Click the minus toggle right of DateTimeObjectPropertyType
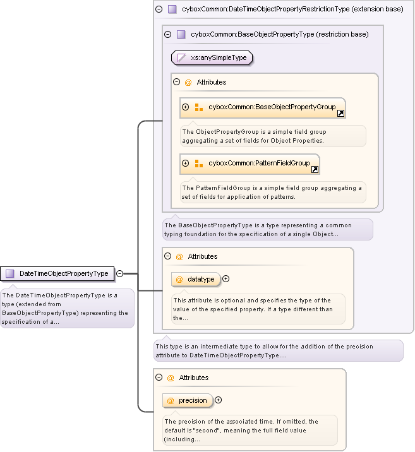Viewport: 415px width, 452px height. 119,273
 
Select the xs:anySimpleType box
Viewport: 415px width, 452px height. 212,58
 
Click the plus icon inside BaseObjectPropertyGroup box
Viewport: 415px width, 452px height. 186,107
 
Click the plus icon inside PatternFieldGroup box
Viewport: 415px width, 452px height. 186,164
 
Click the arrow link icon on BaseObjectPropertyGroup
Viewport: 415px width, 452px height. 340,114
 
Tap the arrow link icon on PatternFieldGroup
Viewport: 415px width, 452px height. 315,170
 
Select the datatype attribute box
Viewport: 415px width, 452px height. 195,279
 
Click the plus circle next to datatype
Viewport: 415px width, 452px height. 226,279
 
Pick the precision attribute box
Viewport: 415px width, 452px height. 187,400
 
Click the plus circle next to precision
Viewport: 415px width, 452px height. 218,400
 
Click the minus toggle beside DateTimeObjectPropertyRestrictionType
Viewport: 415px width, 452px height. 159,9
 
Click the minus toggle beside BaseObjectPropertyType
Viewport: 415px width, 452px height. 167,35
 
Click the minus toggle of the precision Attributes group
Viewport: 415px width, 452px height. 159,378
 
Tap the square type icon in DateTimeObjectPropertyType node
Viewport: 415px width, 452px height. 9,273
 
